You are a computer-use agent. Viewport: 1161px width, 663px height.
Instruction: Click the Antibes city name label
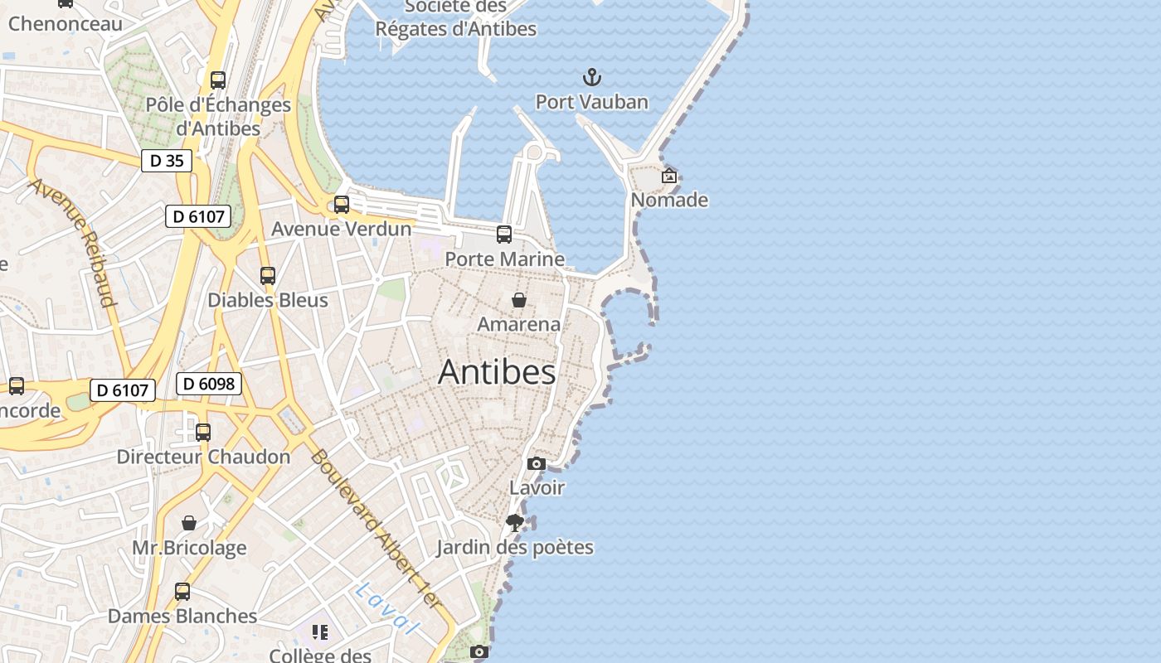(497, 372)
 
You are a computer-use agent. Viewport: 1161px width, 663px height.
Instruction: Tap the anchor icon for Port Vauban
(591, 78)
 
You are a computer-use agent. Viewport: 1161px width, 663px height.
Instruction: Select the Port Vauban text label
(591, 102)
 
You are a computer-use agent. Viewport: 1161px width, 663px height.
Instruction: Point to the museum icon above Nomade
(669, 176)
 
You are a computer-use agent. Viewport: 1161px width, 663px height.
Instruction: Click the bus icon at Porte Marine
(504, 235)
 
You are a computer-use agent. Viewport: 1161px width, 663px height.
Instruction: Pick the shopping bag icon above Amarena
(519, 300)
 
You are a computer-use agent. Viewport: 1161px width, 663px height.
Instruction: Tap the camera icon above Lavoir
(537, 463)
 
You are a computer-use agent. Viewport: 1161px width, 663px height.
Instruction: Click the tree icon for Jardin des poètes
(515, 523)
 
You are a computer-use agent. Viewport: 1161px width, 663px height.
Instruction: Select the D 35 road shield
(166, 161)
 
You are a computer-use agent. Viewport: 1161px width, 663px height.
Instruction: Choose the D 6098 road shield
(209, 384)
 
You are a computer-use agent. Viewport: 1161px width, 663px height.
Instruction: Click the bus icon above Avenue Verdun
(342, 205)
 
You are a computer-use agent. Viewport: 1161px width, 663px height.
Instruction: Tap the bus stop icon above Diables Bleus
(268, 276)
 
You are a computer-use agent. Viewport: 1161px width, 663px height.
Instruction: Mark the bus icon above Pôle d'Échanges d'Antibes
(218, 80)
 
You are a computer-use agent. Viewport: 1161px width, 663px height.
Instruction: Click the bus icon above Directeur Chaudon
(203, 433)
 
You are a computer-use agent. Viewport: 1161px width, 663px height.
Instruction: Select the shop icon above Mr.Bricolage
(189, 523)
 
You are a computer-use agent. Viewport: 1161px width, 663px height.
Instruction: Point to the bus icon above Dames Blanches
(182, 592)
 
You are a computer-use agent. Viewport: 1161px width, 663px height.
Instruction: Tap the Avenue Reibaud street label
(73, 241)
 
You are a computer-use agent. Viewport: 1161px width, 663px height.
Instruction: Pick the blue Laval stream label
(384, 607)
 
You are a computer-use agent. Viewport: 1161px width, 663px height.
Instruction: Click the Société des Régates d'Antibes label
(456, 18)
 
